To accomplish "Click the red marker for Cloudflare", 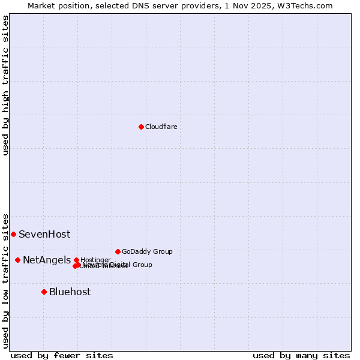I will (x=141, y=127).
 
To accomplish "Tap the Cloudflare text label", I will (x=161, y=127).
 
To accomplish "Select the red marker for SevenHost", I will (x=13, y=234).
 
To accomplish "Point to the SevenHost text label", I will (x=44, y=235).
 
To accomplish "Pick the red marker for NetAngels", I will (x=17, y=260).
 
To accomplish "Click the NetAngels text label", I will (x=47, y=260).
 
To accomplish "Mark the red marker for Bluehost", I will (x=44, y=292).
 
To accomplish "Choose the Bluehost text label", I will (x=70, y=292).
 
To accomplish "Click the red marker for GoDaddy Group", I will (x=118, y=251).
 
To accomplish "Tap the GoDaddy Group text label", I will (x=147, y=251).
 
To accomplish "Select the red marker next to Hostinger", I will (x=76, y=260).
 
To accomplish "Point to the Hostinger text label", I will (x=95, y=260).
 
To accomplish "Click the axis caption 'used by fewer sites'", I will (x=62, y=355).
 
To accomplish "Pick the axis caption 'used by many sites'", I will (x=301, y=355).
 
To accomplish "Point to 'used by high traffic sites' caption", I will (x=5, y=85).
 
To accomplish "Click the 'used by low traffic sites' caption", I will (x=5, y=280).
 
